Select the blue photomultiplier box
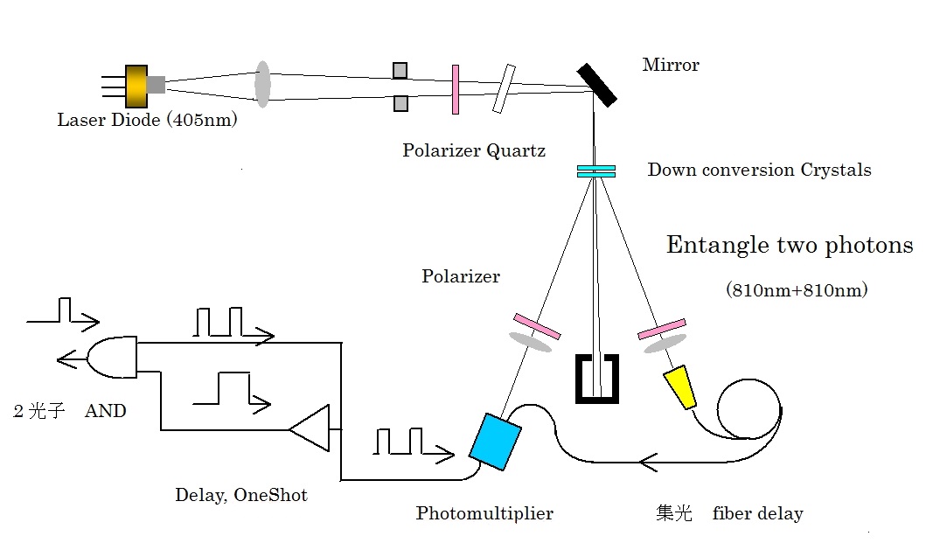click(495, 439)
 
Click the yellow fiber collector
click(680, 387)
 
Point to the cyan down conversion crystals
click(595, 171)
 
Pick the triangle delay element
click(311, 428)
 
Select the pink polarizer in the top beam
click(456, 89)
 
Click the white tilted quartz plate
click(504, 89)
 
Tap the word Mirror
click(671, 65)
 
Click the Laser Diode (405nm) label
click(147, 121)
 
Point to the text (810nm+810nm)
click(796, 289)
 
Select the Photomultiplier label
click(484, 513)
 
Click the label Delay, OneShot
click(240, 495)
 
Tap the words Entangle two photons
click(790, 245)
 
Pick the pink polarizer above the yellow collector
click(661, 330)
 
